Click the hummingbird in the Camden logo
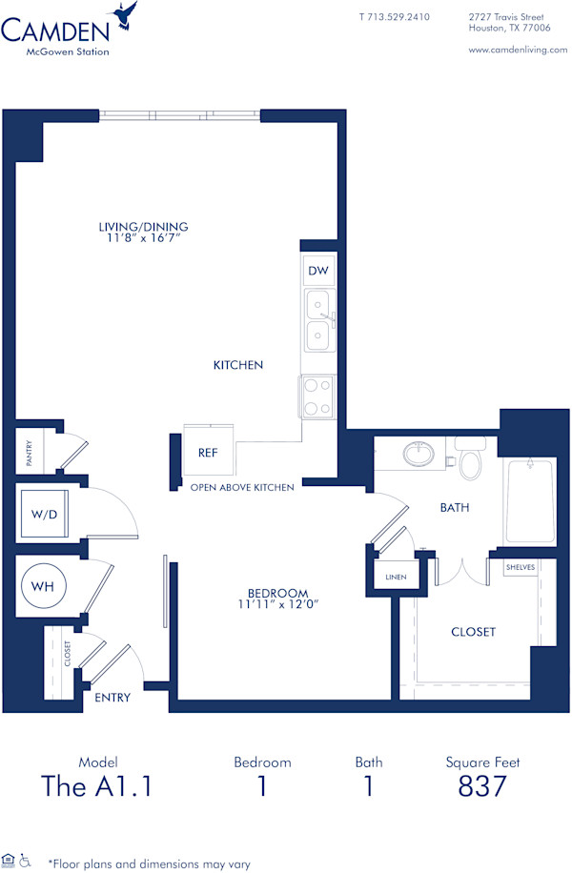[125, 17]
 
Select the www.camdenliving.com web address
[518, 50]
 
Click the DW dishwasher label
[318, 272]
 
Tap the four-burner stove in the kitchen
[318, 396]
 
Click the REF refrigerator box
[208, 454]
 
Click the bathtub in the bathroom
[528, 502]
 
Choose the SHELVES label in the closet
[521, 567]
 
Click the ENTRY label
[112, 698]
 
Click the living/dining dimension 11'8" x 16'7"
[143, 238]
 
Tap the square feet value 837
[481, 786]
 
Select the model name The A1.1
[97, 786]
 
